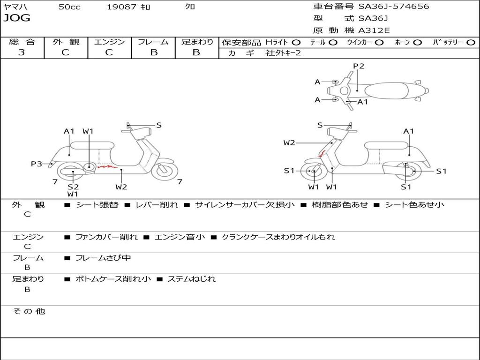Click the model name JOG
pos(17,18)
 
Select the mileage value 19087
pos(121,7)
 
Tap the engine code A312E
pos(374,30)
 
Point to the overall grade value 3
pos(22,52)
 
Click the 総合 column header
pos(22,42)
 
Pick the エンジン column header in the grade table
pos(109,42)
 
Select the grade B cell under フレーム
pos(153,52)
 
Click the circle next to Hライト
pos(296,43)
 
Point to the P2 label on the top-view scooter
pos(359,66)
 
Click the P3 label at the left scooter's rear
pos(37,164)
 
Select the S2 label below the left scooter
pos(73,187)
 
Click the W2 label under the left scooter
pos(121,187)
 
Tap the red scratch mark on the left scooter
pos(107,166)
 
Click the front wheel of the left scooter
pos(165,171)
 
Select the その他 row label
pos(29,311)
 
